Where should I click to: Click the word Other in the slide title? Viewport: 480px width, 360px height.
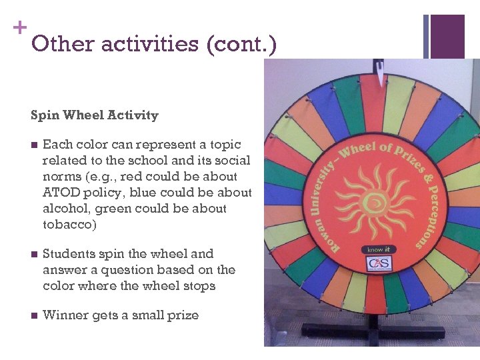click(x=61, y=44)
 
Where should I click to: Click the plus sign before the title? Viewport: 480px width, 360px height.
click(x=20, y=27)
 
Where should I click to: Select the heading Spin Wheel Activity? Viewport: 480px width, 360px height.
click(x=95, y=115)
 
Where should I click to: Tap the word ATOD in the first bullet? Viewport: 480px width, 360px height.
click(x=59, y=193)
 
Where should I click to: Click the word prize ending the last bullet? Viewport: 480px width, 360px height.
click(x=182, y=315)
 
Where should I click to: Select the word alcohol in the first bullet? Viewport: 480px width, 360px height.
click(x=66, y=209)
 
